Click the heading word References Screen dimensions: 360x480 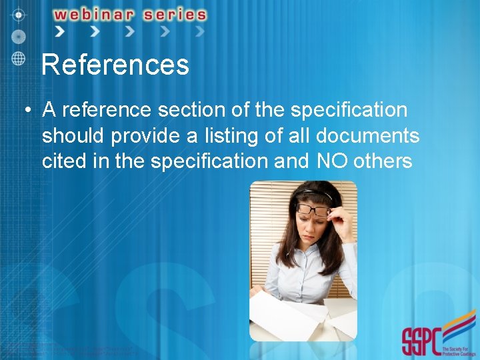click(x=115, y=65)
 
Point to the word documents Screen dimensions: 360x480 click(x=367, y=136)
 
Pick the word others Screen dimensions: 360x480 click(x=383, y=161)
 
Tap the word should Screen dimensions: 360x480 click(x=73, y=136)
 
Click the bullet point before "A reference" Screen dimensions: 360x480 click(x=25, y=111)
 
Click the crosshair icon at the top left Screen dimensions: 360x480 click(x=19, y=13)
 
